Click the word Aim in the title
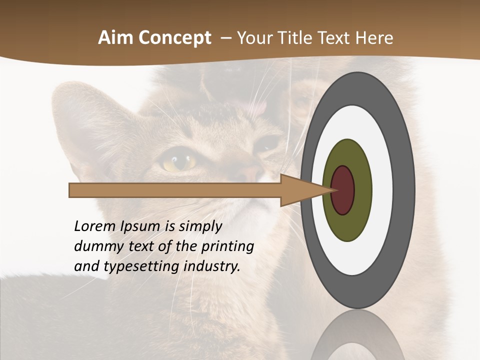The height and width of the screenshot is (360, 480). [116, 38]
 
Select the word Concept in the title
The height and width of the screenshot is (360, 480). [174, 38]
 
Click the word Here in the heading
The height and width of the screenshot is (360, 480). [374, 38]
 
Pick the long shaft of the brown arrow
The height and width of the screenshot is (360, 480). [175, 190]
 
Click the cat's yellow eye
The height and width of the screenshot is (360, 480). [179, 161]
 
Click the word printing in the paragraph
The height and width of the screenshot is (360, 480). [227, 246]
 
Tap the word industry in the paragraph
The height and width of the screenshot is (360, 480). [211, 266]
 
